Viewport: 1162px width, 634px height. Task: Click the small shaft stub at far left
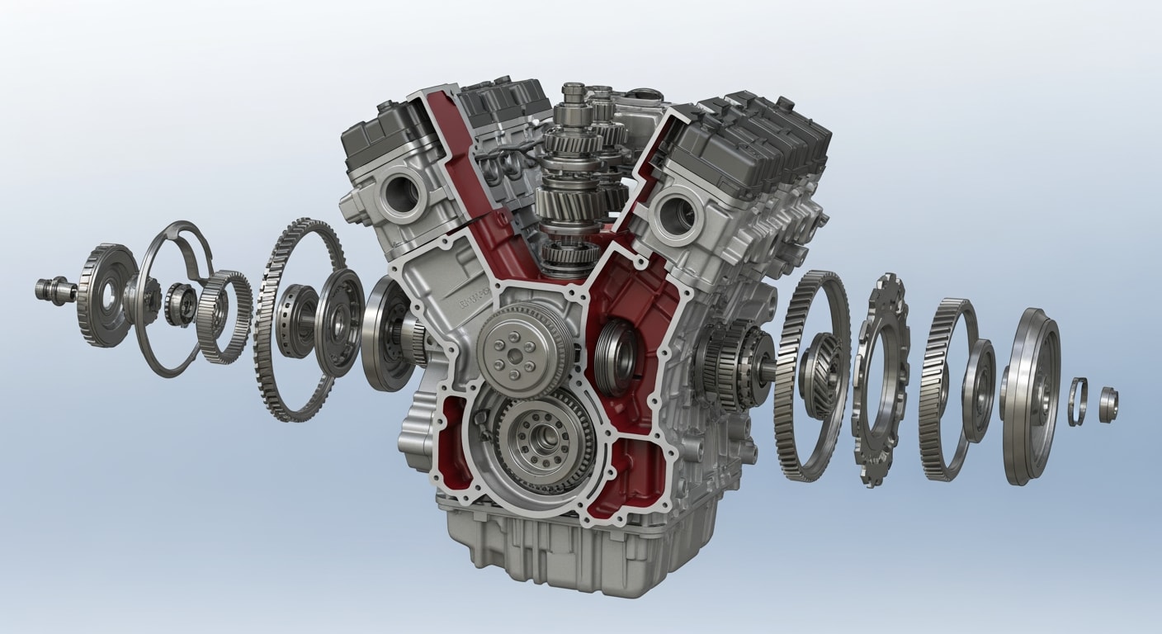[x=54, y=290]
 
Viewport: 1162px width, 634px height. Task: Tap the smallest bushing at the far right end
[x=1108, y=403]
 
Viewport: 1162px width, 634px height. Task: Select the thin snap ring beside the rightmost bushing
[x=1077, y=401]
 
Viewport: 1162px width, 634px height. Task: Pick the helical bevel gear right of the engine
[x=820, y=376]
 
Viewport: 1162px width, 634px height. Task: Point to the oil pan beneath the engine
[x=569, y=545]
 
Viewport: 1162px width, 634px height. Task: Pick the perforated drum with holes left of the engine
[x=295, y=321]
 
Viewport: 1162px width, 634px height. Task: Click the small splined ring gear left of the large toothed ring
[x=224, y=317]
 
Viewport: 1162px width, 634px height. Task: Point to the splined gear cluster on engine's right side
[x=730, y=363]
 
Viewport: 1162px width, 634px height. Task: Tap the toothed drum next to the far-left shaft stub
[x=106, y=295]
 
